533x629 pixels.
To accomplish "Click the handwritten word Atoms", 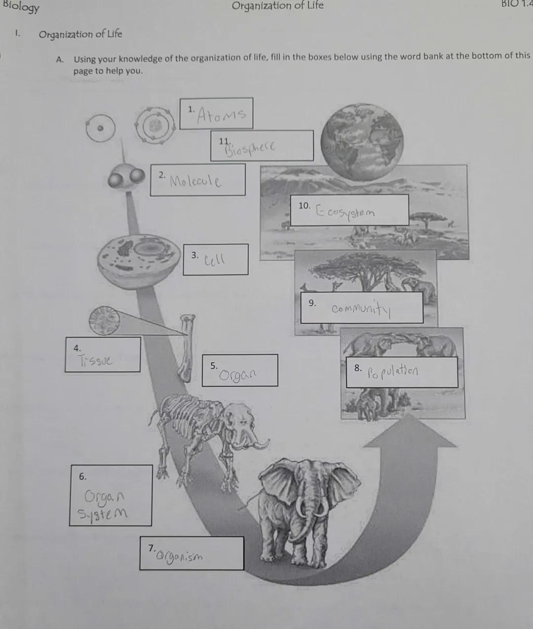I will (x=221, y=115).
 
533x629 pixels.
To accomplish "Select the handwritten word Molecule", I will (x=195, y=181).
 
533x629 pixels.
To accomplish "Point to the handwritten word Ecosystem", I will (x=345, y=212).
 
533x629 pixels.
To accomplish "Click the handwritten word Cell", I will (x=215, y=259).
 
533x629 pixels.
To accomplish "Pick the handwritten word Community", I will (x=361, y=309).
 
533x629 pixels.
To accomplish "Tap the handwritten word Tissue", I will (x=95, y=360).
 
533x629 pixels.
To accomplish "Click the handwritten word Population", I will (x=393, y=370).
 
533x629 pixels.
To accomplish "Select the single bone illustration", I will (x=187, y=348).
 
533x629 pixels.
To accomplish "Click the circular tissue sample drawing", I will (x=104, y=320).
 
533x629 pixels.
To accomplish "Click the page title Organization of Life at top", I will (x=277, y=6).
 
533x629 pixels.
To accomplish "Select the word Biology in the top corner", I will (x=21, y=7).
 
